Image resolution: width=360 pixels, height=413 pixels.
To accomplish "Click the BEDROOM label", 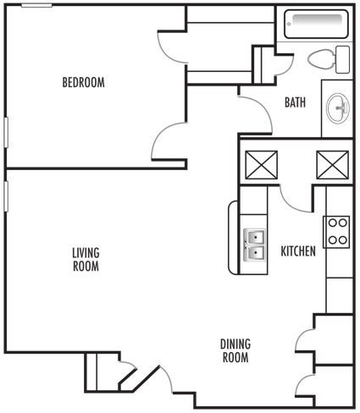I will tap(83, 82).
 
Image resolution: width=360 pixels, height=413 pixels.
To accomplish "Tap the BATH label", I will tap(295, 103).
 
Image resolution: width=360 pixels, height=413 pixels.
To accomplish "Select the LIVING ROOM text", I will tap(85, 259).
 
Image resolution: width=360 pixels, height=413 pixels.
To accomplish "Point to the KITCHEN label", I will tap(298, 251).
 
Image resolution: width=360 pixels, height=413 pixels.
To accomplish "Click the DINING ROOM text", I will tap(235, 350).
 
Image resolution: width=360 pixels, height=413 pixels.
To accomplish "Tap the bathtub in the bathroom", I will tap(315, 25).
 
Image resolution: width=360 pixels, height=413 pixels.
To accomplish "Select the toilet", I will tap(327, 59).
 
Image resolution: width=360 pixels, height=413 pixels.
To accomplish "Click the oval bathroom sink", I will tap(338, 107).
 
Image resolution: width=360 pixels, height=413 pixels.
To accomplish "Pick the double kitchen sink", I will tap(255, 245).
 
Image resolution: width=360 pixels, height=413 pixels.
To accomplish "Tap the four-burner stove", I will tap(337, 231).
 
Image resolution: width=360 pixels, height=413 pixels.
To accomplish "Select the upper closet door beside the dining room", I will tap(304, 339).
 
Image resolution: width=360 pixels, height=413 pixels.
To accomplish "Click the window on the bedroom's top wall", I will tap(36, 6).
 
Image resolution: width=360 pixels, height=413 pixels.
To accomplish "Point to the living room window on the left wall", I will tap(5, 194).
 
